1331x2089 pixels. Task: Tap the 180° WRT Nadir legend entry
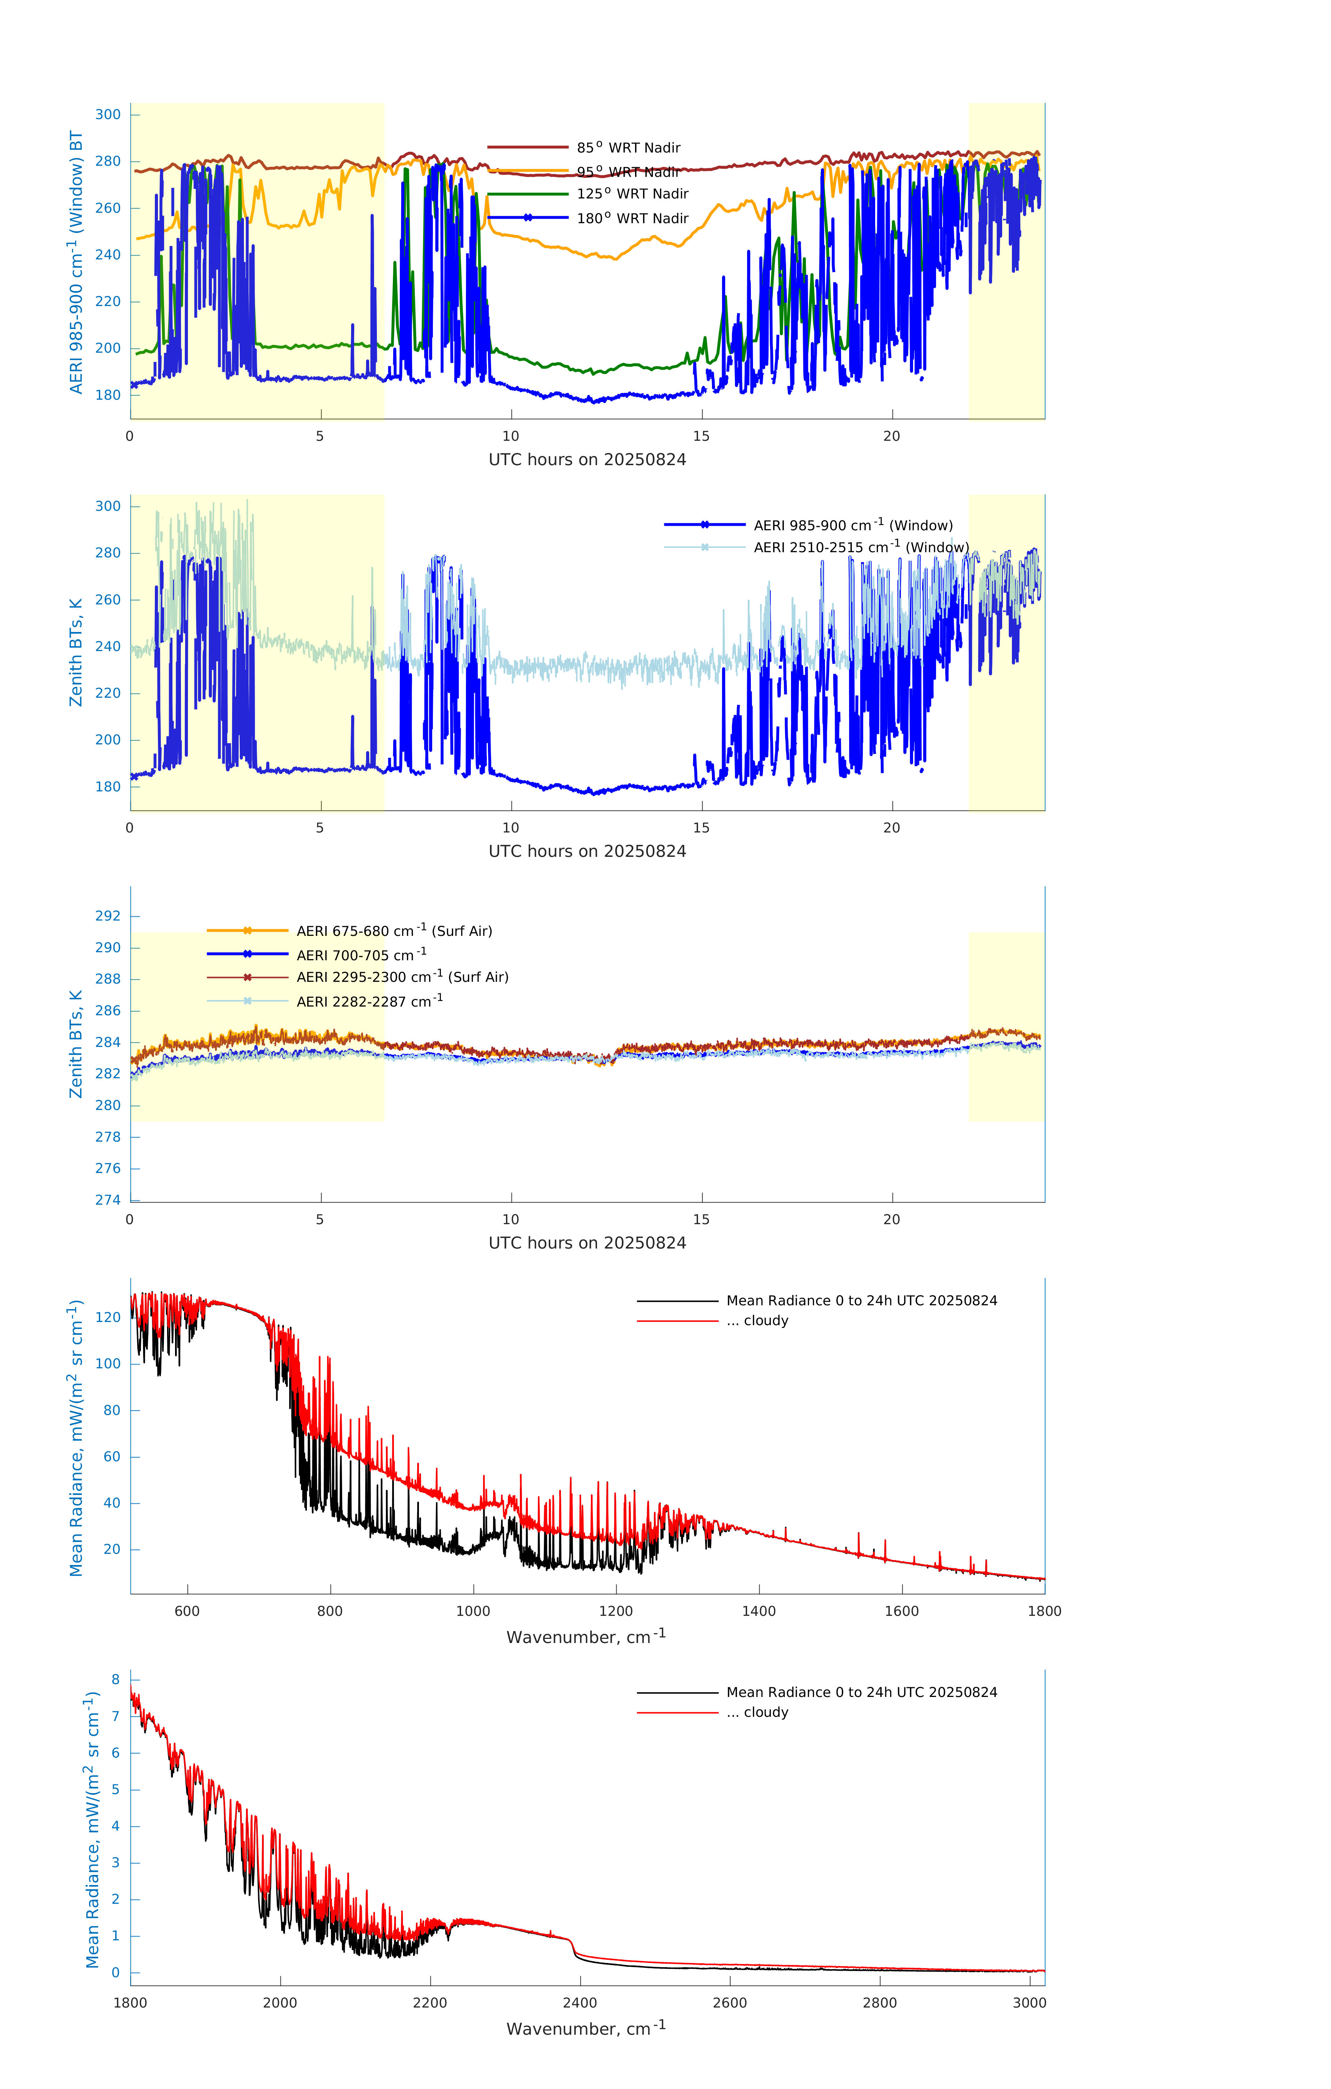632,219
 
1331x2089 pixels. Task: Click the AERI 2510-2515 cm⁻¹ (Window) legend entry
860,547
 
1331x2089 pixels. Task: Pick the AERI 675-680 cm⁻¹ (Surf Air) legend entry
394,931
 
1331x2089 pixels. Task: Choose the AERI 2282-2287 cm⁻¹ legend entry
370,1002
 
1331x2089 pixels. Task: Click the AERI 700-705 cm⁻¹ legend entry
361,955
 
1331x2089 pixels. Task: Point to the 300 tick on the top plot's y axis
108,115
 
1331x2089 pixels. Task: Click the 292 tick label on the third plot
108,916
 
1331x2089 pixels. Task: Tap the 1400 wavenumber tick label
759,1612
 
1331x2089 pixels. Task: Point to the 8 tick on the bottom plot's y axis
115,1680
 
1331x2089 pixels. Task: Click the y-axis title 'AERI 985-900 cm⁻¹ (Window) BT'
76,262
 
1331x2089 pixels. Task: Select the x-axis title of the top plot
587,460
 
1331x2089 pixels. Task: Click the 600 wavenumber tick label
187,1612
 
